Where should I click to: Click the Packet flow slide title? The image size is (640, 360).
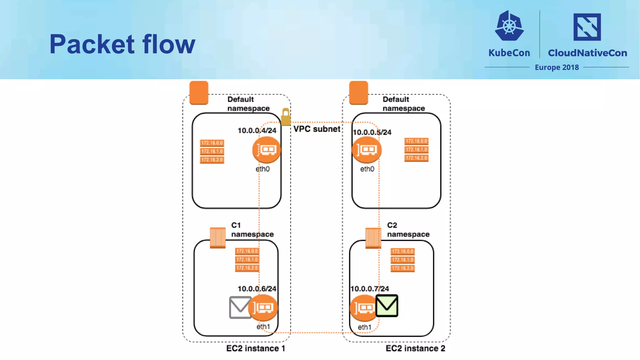pos(122,44)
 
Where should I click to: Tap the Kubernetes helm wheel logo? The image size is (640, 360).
pos(509,26)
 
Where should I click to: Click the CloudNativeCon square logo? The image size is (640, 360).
pos(587,27)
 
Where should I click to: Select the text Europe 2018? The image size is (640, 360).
pos(557,67)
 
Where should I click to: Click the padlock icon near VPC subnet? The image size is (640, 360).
pos(285,117)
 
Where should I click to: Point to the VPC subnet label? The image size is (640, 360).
pos(317,129)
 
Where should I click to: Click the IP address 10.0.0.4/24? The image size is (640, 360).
pos(257,131)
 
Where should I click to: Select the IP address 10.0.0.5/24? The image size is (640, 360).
pos(372,132)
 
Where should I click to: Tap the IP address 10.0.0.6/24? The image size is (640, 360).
pos(257,289)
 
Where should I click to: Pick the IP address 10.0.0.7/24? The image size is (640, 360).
pos(370,289)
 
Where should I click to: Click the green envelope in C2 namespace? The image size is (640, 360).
pos(387,306)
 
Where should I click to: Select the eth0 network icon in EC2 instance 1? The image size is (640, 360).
pos(266,150)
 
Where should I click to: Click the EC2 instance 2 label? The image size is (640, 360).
pos(415,348)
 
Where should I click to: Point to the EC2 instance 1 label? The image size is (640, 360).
pos(256,348)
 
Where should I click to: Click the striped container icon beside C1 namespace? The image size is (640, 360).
pos(217,238)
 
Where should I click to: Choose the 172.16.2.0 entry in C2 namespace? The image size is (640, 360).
pos(402,268)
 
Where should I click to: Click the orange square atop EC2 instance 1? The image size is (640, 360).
pos(199,93)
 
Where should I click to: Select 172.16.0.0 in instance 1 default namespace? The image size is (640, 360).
pos(212,143)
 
